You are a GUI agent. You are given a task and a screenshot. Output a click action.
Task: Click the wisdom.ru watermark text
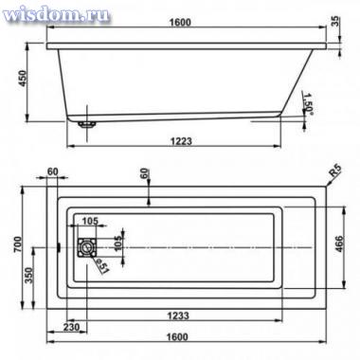(x=56, y=14)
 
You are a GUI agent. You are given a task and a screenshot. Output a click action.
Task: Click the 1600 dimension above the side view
(x=180, y=22)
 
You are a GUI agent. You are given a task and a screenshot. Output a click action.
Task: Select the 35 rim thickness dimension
(x=336, y=21)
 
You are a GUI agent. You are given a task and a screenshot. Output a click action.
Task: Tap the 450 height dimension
(x=24, y=80)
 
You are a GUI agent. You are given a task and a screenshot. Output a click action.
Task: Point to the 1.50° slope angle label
(x=307, y=101)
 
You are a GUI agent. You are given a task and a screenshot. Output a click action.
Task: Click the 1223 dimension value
(x=182, y=140)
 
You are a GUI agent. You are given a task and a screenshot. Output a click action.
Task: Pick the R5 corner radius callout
(x=335, y=171)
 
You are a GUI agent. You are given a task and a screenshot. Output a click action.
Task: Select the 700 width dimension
(x=18, y=243)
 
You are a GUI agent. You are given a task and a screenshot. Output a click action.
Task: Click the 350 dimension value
(x=28, y=276)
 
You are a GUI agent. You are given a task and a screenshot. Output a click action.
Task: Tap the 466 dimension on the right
(x=338, y=243)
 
